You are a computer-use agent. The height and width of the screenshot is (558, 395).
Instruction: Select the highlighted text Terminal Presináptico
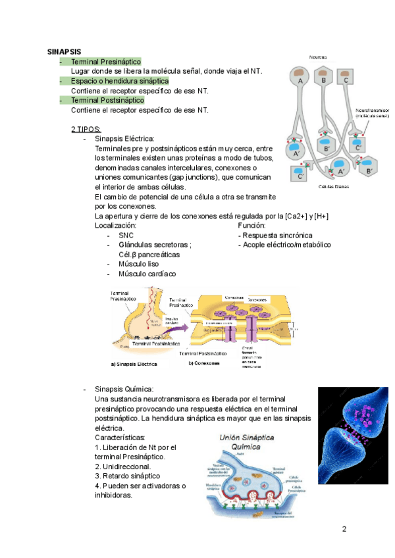[x=106, y=61]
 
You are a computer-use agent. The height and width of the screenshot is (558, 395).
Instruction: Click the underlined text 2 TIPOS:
[x=86, y=129]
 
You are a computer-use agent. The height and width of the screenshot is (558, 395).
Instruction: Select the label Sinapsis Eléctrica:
[x=125, y=139]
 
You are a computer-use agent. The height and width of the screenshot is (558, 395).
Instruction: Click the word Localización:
[x=116, y=226]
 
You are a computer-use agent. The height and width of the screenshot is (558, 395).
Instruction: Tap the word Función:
[x=251, y=226]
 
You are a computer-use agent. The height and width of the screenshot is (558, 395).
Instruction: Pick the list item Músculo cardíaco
[x=147, y=274]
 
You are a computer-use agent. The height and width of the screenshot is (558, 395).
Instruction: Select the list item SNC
[x=126, y=235]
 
